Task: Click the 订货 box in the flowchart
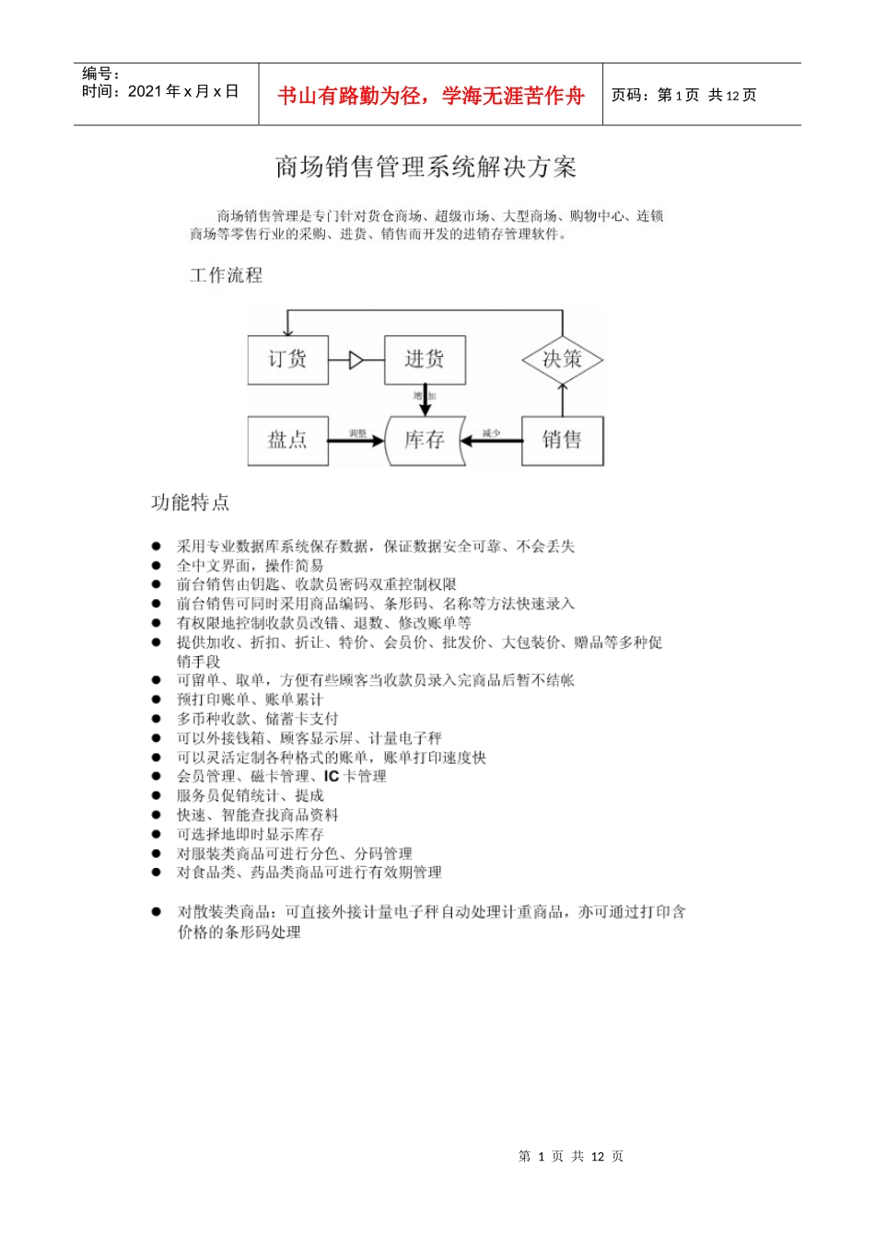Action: click(x=288, y=359)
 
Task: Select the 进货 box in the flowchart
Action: click(x=425, y=359)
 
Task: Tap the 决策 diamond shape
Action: click(x=562, y=359)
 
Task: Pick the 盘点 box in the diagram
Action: click(x=288, y=440)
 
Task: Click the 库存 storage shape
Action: click(x=425, y=440)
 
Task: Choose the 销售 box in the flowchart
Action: click(x=562, y=440)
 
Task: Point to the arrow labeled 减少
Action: click(x=491, y=440)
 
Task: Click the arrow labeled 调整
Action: click(x=356, y=440)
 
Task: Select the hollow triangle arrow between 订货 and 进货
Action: click(x=356, y=360)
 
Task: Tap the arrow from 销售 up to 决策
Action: click(x=563, y=399)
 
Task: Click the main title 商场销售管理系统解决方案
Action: click(x=426, y=167)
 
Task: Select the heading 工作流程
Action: click(x=226, y=275)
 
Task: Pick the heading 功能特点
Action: click(x=191, y=503)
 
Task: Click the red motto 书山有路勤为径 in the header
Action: click(x=431, y=96)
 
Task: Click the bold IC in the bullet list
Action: click(x=332, y=776)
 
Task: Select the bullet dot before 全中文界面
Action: click(x=156, y=565)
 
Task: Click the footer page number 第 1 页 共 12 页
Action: click(x=571, y=1156)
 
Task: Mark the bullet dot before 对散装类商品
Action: click(x=156, y=911)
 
